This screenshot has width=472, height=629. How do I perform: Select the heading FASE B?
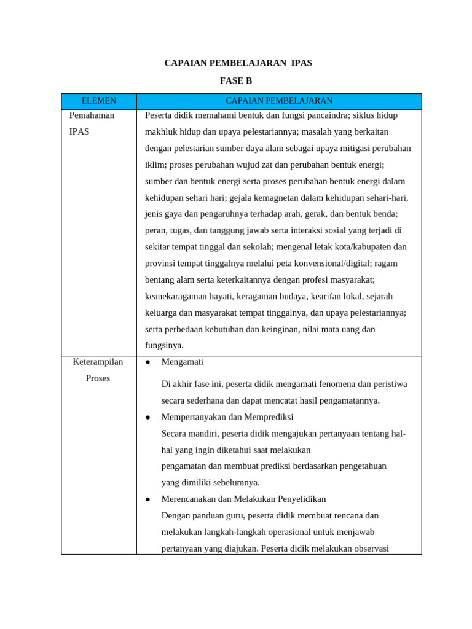[x=236, y=81]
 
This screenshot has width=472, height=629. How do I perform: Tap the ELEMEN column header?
[x=99, y=101]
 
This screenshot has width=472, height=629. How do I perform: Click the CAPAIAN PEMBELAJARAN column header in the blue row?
[x=279, y=101]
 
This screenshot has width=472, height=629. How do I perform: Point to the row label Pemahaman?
[x=92, y=115]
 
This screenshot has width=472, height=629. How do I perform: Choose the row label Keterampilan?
[x=98, y=362]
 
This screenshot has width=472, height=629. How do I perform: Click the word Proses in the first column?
[x=98, y=378]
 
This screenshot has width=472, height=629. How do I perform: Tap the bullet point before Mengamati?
[x=148, y=362]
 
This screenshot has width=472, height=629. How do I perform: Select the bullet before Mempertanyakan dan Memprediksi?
[x=148, y=417]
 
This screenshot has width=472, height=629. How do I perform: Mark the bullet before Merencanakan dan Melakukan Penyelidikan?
[x=148, y=499]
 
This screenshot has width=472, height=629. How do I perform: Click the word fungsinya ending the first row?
[x=164, y=345]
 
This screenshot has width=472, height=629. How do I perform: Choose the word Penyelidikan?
[x=298, y=499]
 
